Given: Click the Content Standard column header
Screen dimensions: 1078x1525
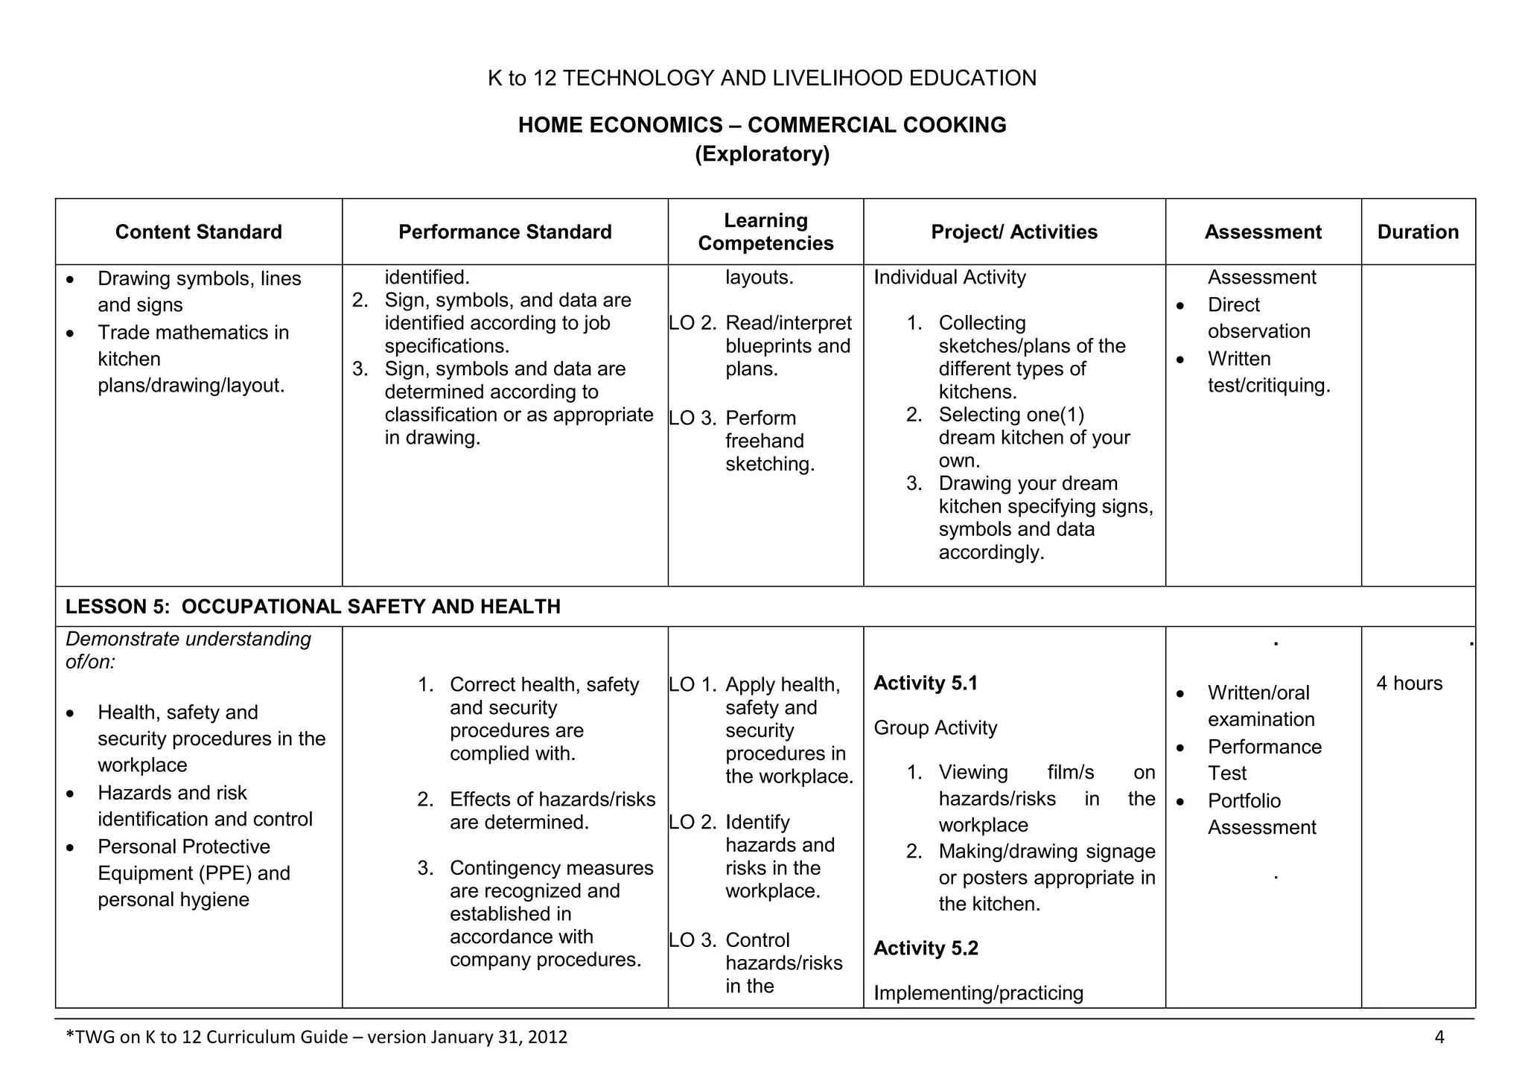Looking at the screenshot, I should [x=198, y=232].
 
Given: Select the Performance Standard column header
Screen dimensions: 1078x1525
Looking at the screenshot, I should [x=505, y=232].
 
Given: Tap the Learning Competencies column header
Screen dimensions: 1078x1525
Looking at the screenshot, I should [x=765, y=232].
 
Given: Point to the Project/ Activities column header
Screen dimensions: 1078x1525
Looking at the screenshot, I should [x=1014, y=232].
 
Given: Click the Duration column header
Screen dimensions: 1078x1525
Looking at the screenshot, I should [x=1418, y=232].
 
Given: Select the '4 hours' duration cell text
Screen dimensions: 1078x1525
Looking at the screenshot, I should [x=1409, y=683].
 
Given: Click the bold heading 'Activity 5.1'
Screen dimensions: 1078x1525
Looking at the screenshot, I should [x=926, y=683].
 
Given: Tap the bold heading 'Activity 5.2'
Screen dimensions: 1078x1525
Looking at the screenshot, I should [x=926, y=948].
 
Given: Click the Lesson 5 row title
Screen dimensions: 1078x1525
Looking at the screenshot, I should [x=313, y=607].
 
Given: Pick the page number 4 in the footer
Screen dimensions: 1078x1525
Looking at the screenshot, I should [x=1439, y=1037].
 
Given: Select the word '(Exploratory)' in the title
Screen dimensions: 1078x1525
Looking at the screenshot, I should [x=762, y=154].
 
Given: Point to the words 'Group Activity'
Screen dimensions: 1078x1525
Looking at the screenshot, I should [x=935, y=728].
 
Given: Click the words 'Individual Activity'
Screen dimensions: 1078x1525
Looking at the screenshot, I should [x=949, y=278].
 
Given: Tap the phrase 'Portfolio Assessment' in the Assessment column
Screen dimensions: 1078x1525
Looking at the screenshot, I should [x=1261, y=814].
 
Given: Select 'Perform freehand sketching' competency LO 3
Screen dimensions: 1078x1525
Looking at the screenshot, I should [x=769, y=441].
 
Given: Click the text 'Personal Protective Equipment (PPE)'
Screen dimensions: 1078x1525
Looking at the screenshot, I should [x=194, y=860].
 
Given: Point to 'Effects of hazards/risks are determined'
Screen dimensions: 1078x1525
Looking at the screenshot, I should [x=552, y=811].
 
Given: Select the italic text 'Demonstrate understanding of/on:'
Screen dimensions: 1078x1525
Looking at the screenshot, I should [x=188, y=650].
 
